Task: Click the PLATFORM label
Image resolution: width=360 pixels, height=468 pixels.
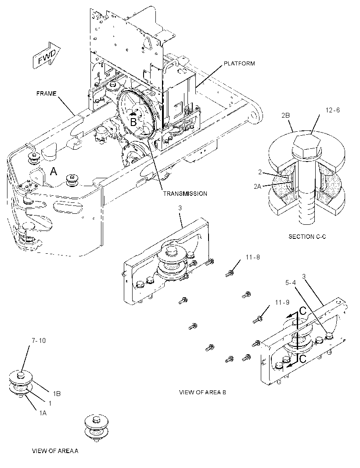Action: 239,63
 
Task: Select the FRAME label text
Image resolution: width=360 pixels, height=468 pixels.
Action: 46,94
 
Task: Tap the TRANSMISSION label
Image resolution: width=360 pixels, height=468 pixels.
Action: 185,194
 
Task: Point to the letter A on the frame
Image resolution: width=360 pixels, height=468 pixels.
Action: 53,171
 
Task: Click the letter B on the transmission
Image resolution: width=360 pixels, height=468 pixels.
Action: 133,122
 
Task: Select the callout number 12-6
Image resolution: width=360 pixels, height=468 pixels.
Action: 332,110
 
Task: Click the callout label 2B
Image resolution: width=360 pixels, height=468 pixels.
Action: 286,115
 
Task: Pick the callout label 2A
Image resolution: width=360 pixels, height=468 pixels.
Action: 258,187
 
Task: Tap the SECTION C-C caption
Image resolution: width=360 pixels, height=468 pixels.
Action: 307,237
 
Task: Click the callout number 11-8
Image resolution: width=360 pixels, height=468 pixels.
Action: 253,257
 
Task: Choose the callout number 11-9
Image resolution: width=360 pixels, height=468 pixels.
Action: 282,302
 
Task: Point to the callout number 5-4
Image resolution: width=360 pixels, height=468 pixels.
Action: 291,282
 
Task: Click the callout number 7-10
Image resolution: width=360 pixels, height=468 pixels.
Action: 39,341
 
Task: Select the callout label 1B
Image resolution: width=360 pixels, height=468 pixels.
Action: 57,394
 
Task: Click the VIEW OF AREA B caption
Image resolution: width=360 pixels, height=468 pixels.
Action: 202,392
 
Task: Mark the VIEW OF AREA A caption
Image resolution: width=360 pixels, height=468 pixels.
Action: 55,451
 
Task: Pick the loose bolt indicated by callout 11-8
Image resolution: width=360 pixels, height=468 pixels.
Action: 229,273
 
